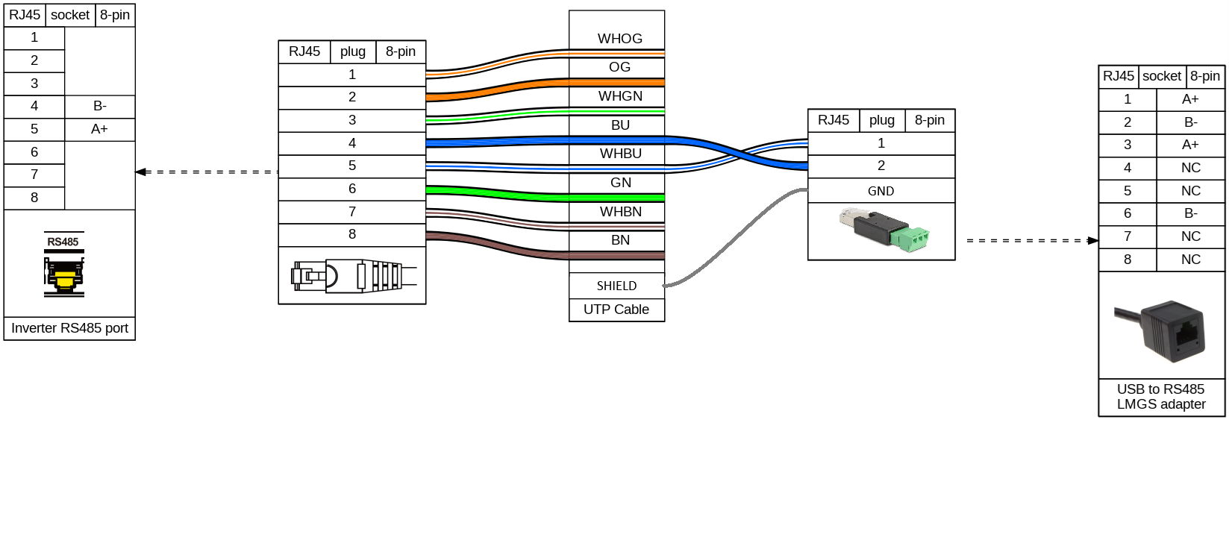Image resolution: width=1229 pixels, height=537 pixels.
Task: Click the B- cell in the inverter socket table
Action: tap(99, 106)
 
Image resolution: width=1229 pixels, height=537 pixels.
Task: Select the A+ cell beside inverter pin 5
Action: tap(99, 129)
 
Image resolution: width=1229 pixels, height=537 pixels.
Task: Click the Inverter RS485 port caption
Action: tap(69, 328)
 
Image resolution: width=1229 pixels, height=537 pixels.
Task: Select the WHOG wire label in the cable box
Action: tap(619, 39)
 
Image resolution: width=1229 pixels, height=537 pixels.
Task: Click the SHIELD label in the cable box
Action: tap(616, 286)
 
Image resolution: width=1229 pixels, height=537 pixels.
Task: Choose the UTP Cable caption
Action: tap(616, 310)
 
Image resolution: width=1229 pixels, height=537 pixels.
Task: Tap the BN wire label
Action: tap(620, 240)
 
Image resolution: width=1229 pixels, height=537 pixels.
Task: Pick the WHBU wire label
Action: tap(620, 154)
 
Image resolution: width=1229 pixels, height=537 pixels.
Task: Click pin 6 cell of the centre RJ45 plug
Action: tap(352, 189)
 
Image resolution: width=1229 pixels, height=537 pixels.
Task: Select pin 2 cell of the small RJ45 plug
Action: tap(881, 166)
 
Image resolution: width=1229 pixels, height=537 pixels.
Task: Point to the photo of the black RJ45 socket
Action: tap(1161, 330)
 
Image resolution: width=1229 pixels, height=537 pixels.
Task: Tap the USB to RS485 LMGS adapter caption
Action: tap(1161, 397)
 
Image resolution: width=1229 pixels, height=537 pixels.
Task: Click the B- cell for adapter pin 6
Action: tap(1190, 213)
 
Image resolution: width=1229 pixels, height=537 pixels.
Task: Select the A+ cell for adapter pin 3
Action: tap(1190, 145)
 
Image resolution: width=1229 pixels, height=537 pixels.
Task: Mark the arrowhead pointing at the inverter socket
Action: tap(140, 172)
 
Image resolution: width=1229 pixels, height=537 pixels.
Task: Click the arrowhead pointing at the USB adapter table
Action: tap(1093, 241)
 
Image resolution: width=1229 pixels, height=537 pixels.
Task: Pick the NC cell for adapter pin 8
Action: tap(1190, 260)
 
